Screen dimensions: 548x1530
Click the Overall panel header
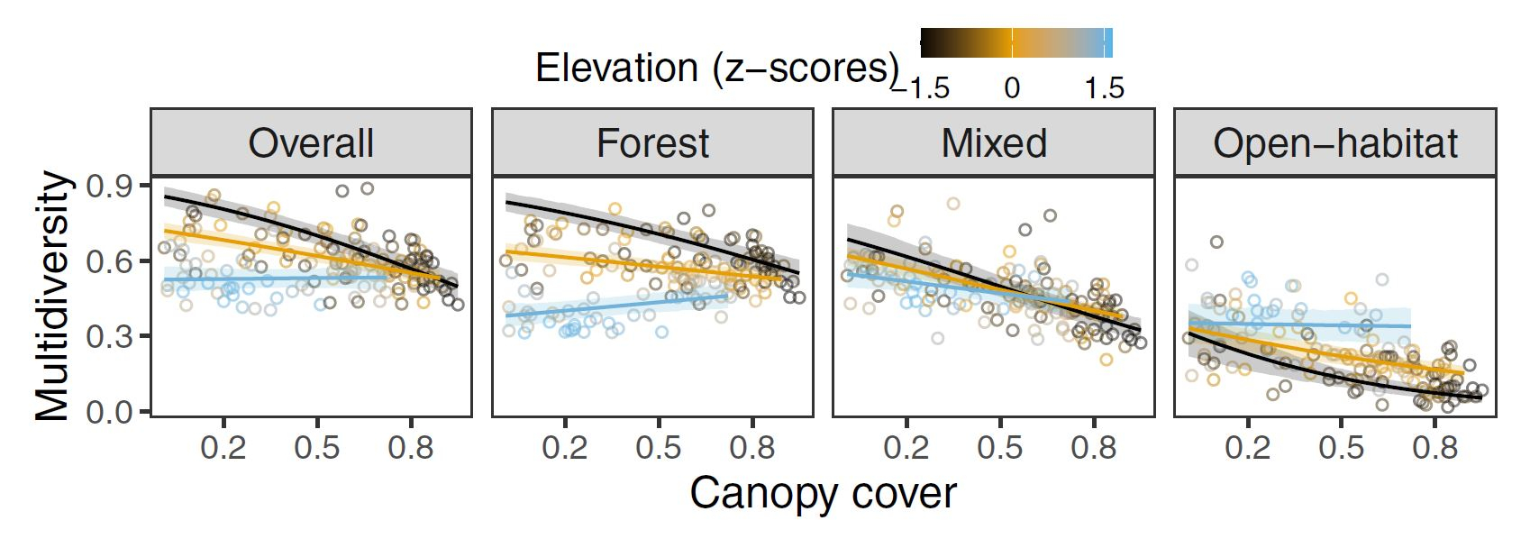[x=311, y=143]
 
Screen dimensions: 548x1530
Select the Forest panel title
[x=652, y=143]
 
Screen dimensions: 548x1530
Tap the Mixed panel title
[x=994, y=143]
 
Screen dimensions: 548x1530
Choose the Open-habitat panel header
[x=1334, y=143]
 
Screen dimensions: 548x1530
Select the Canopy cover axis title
[x=823, y=493]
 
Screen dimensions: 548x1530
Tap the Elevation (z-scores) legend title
[x=717, y=68]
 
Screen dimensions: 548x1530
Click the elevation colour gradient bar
[x=1016, y=42]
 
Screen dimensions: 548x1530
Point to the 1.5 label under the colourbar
[x=1105, y=88]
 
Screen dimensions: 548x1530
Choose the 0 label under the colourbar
[x=1012, y=88]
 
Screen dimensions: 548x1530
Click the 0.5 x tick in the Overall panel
[x=317, y=448]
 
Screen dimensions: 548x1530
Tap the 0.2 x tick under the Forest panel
[x=565, y=448]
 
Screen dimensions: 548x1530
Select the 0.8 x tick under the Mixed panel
[x=1094, y=448]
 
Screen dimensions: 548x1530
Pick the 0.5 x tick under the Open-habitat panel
[x=1342, y=448]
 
